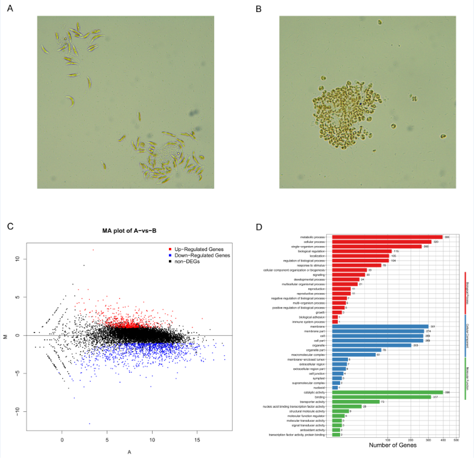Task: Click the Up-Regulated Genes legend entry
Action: coord(193,249)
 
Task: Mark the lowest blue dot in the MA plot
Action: coord(89,423)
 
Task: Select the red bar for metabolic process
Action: coord(387,237)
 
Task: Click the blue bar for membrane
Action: coord(380,326)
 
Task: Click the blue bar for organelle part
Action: coord(356,350)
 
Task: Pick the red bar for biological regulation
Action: coord(362,251)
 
